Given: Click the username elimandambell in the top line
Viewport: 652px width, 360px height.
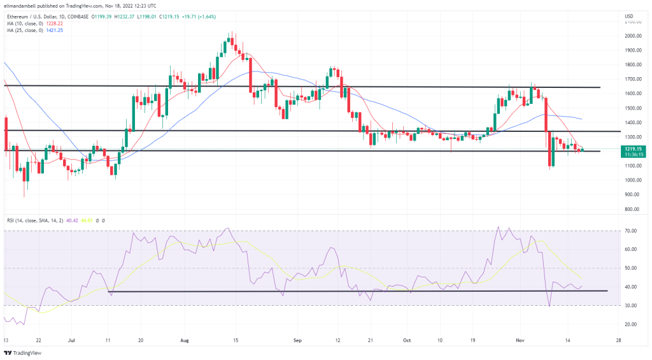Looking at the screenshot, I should [x=22, y=6].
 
